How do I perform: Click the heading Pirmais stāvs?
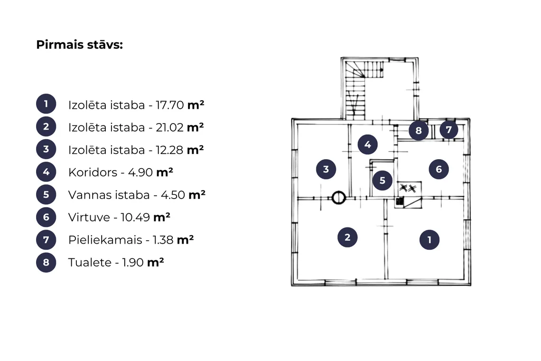point(79,45)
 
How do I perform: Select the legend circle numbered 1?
point(46,104)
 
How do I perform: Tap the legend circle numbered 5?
point(46,194)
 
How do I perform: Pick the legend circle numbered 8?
point(46,262)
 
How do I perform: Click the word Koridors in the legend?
point(93,172)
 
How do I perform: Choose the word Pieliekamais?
point(105,240)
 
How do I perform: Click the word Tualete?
point(90,263)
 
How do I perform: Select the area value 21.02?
point(169,127)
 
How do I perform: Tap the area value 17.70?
point(170,105)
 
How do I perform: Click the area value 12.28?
point(169,150)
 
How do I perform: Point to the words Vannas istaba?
point(109,195)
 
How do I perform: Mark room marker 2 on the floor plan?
point(347,237)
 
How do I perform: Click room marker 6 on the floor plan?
point(439,169)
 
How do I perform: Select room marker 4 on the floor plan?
point(367,144)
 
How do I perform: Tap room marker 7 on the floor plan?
point(448,130)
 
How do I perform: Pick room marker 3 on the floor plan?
point(326,169)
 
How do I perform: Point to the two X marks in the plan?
point(408,188)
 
